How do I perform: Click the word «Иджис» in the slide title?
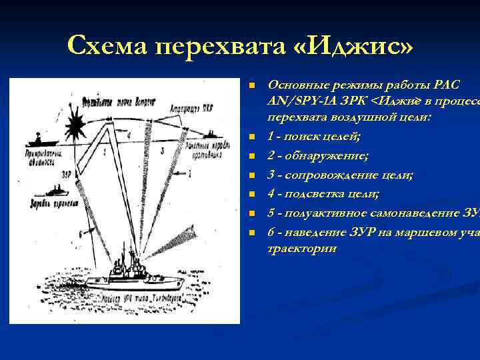(x=353, y=46)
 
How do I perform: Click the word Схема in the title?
(x=107, y=46)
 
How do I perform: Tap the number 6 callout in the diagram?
(x=81, y=234)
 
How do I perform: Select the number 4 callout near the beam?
(x=129, y=137)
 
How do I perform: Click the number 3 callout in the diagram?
(x=163, y=151)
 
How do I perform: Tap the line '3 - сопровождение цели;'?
(x=339, y=175)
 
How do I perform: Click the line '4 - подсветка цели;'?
(x=323, y=194)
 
